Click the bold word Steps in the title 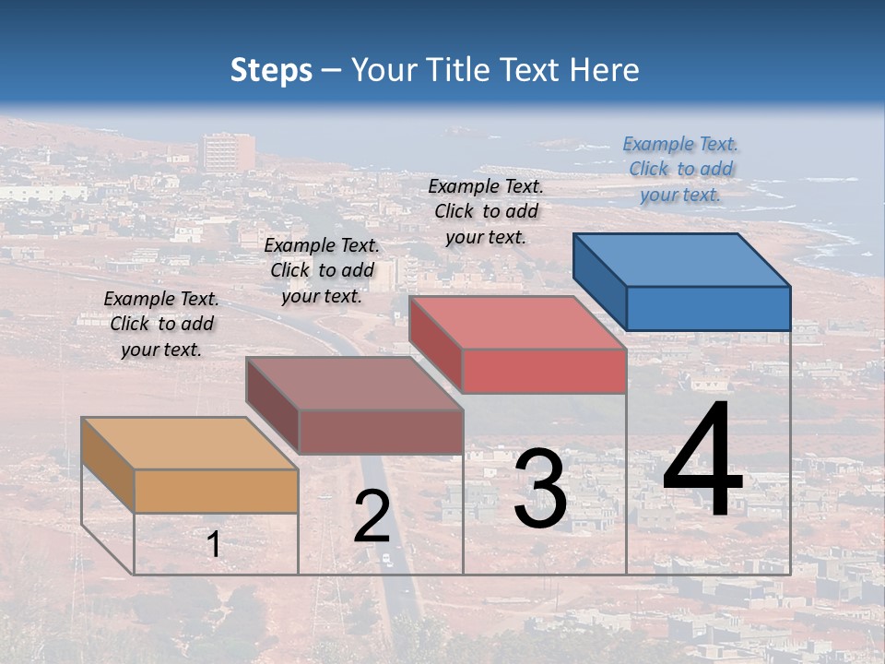click(x=271, y=70)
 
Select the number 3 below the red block click(x=540, y=489)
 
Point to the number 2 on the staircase click(x=372, y=516)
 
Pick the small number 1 click(x=214, y=544)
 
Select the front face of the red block click(x=544, y=371)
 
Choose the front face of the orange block click(x=217, y=491)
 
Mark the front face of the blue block click(x=708, y=308)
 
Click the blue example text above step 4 click(x=680, y=169)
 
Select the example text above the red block click(x=486, y=211)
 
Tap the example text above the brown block click(x=322, y=270)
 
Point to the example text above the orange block click(x=161, y=324)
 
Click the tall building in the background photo click(x=227, y=152)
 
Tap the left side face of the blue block click(x=599, y=281)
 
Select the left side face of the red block click(x=435, y=344)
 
